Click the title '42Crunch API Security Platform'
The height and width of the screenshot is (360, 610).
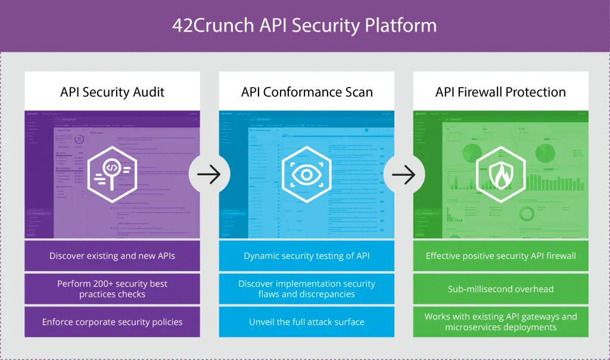click(304, 26)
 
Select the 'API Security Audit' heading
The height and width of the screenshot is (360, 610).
click(112, 92)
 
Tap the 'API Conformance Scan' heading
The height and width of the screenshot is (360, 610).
click(306, 92)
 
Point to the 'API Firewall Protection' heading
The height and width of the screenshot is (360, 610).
click(500, 92)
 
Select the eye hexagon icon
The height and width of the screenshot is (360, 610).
click(306, 174)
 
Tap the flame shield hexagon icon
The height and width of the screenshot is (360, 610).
click(500, 174)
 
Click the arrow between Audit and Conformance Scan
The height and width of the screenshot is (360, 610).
click(209, 175)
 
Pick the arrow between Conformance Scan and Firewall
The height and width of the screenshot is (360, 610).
click(404, 175)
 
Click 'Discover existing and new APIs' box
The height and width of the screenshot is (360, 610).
click(112, 256)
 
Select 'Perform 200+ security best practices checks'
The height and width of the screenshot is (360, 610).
click(112, 288)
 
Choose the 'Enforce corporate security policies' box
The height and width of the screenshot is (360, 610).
click(112, 322)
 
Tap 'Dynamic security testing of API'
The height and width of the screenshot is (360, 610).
click(306, 256)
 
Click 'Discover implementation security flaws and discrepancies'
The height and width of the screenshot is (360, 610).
click(306, 288)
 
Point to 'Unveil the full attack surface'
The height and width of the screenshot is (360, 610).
click(306, 322)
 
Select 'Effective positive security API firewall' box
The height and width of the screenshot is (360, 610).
click(500, 256)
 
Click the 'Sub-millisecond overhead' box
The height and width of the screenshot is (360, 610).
click(500, 288)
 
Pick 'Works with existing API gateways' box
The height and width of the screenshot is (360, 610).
click(500, 322)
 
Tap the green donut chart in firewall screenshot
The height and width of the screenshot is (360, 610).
click(527, 213)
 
